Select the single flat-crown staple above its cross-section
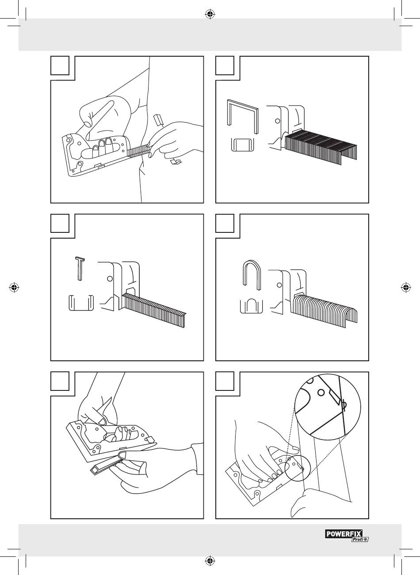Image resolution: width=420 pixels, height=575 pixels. click(x=242, y=116)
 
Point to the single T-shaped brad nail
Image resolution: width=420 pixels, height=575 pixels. click(x=80, y=268)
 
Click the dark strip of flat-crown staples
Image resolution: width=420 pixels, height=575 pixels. click(x=321, y=148)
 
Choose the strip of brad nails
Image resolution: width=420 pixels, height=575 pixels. click(x=155, y=312)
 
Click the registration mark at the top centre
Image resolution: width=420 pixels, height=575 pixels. click(x=210, y=15)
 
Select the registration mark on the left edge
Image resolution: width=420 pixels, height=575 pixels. click(x=14, y=287)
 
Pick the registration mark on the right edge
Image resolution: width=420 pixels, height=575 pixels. click(x=405, y=287)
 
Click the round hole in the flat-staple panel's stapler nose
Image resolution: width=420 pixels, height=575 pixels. click(x=277, y=120)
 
